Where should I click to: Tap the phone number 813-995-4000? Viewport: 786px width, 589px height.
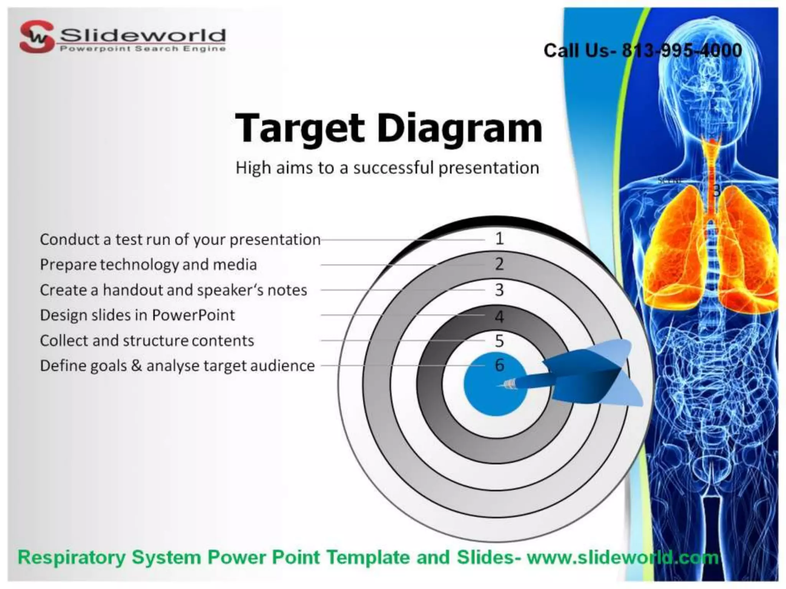pos(682,51)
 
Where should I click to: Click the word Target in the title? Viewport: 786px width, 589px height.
pos(299,128)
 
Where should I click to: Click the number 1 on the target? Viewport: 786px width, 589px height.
pos(499,239)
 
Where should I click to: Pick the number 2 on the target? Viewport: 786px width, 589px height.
pos(499,264)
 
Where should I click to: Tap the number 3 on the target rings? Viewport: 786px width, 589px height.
pos(499,290)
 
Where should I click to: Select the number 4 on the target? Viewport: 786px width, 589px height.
pos(499,316)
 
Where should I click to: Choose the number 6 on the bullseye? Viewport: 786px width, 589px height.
pos(499,365)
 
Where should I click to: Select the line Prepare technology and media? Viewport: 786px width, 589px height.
pos(148,265)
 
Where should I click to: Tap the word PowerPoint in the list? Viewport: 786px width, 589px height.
pos(193,315)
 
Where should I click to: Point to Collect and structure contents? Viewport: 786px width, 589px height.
pos(147,341)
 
